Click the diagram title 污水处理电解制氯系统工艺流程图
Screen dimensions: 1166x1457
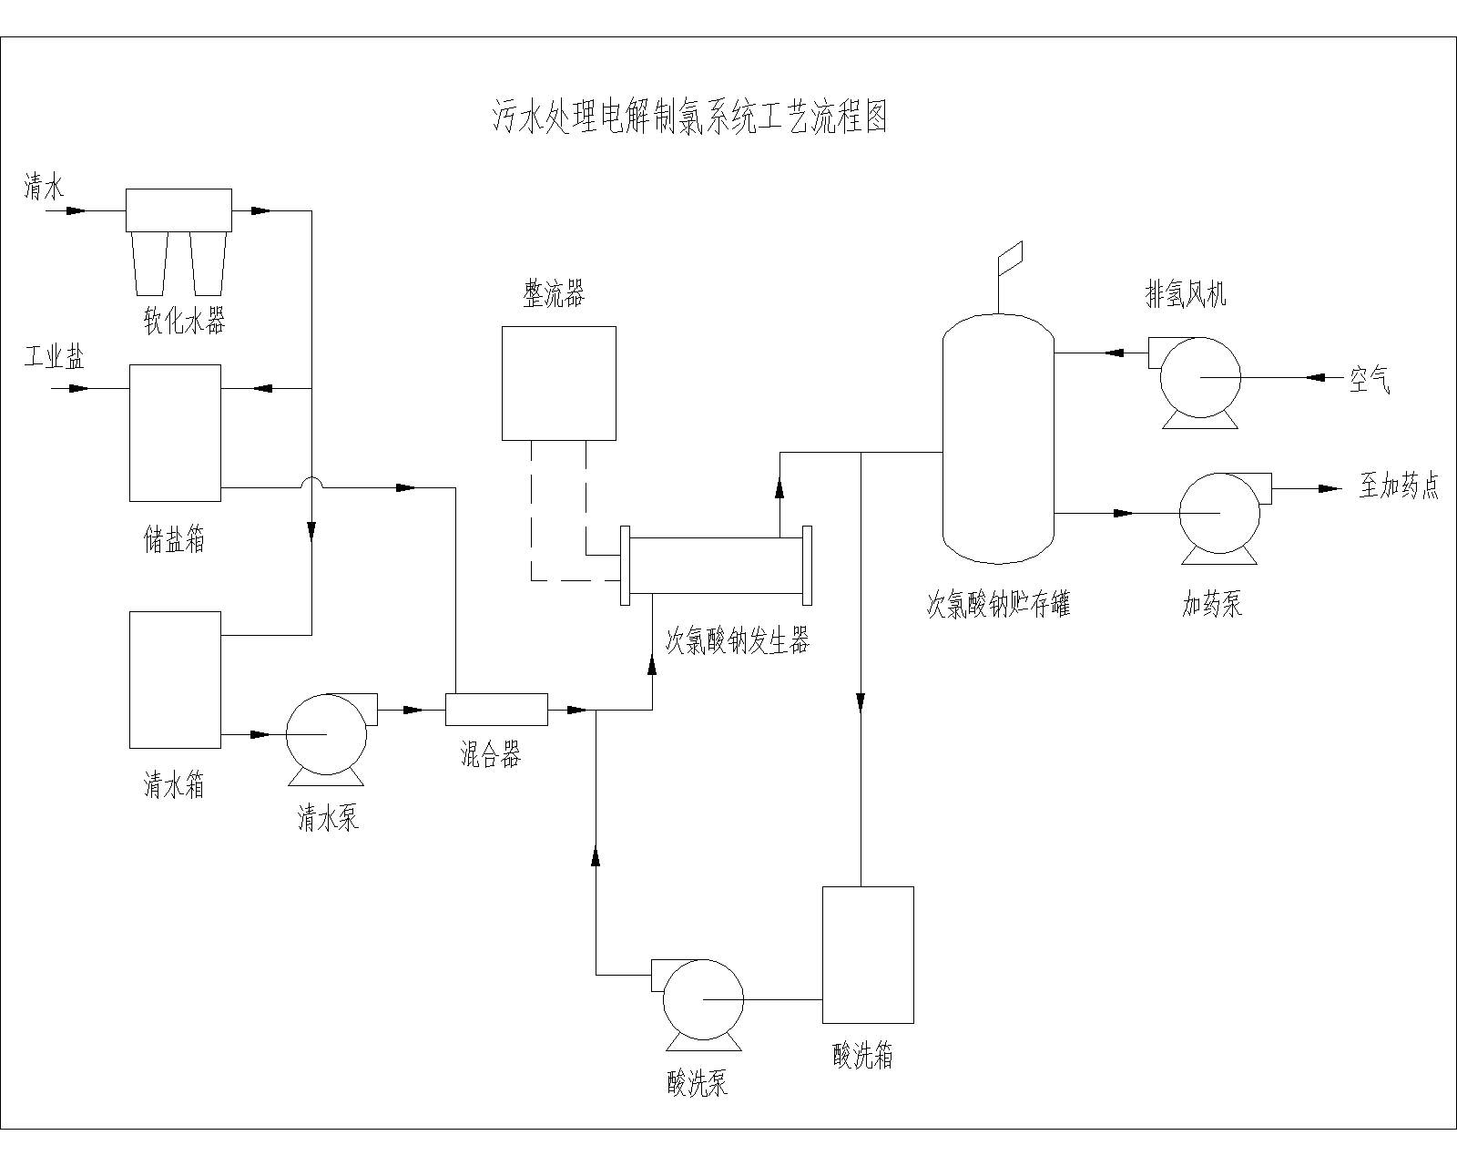(x=689, y=118)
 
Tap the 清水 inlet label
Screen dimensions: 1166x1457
(x=44, y=189)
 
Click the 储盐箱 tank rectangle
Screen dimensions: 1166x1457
(x=175, y=433)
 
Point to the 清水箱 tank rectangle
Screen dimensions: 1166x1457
(x=175, y=679)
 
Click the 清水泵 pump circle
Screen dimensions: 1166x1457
(x=326, y=734)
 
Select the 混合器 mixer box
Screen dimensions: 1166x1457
(x=496, y=710)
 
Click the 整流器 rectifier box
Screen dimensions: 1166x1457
(x=558, y=383)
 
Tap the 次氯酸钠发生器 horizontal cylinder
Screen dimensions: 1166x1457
(x=715, y=565)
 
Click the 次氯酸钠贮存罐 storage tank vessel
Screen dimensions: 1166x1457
(x=998, y=437)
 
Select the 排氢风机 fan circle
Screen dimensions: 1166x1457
(x=1199, y=377)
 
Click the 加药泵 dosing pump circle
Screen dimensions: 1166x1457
(x=1219, y=513)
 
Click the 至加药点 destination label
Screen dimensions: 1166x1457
(x=1399, y=488)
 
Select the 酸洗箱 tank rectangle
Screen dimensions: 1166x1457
(x=868, y=955)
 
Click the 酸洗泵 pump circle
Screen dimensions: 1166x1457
(x=702, y=999)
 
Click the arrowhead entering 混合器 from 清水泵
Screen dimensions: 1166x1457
(x=414, y=710)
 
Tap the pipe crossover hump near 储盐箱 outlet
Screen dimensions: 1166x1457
(x=311, y=482)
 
